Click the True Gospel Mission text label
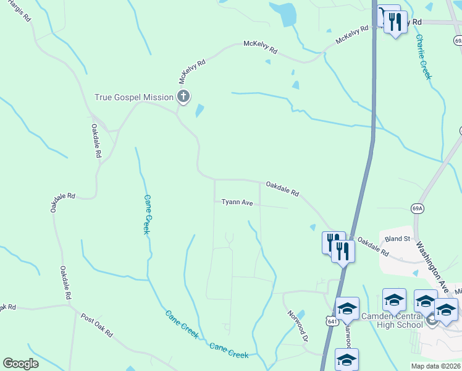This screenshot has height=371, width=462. coord(133,97)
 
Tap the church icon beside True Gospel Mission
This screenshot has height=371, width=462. coord(183,96)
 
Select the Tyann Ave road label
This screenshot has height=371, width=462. coord(238,202)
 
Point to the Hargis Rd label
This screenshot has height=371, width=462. coord(20,14)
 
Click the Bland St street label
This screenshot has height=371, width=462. coord(397,238)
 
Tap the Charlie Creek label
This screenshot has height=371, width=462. coord(423,57)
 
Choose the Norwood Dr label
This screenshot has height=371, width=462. coord(296,325)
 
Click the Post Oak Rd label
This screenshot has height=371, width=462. coord(96,324)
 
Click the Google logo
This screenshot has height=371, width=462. coord(20,364)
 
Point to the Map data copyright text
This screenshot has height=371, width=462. coord(436,366)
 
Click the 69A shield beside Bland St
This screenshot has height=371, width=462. coord(418,209)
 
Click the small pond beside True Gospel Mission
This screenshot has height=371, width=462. coord(199,111)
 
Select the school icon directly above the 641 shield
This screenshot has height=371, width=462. coord(347,309)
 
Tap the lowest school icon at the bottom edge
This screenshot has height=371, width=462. coord(346,359)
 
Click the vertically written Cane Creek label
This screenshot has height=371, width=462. coord(147,214)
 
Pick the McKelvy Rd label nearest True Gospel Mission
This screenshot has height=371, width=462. coord(192,68)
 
